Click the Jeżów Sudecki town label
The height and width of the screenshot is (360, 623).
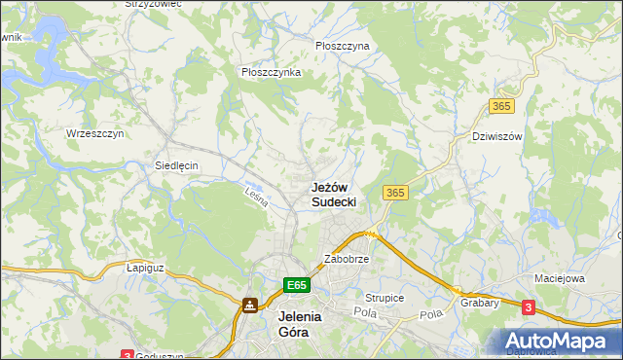coord(333,194)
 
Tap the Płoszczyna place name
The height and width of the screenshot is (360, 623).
coord(342,46)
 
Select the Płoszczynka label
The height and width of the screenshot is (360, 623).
coord(271,72)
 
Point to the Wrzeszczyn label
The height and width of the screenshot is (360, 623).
coord(94,133)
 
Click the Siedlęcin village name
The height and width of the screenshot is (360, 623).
coord(176,165)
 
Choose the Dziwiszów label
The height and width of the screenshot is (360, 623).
coord(496,136)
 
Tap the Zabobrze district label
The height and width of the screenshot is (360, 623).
coord(346,260)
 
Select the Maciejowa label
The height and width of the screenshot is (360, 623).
coord(559,279)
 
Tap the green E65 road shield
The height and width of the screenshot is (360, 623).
coord(298,284)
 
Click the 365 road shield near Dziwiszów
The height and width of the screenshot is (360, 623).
coord(502,105)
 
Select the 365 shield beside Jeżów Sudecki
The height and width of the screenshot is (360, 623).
coord(395,193)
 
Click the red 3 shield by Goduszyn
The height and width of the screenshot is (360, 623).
coord(127,355)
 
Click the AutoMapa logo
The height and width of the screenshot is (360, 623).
coord(559,342)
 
